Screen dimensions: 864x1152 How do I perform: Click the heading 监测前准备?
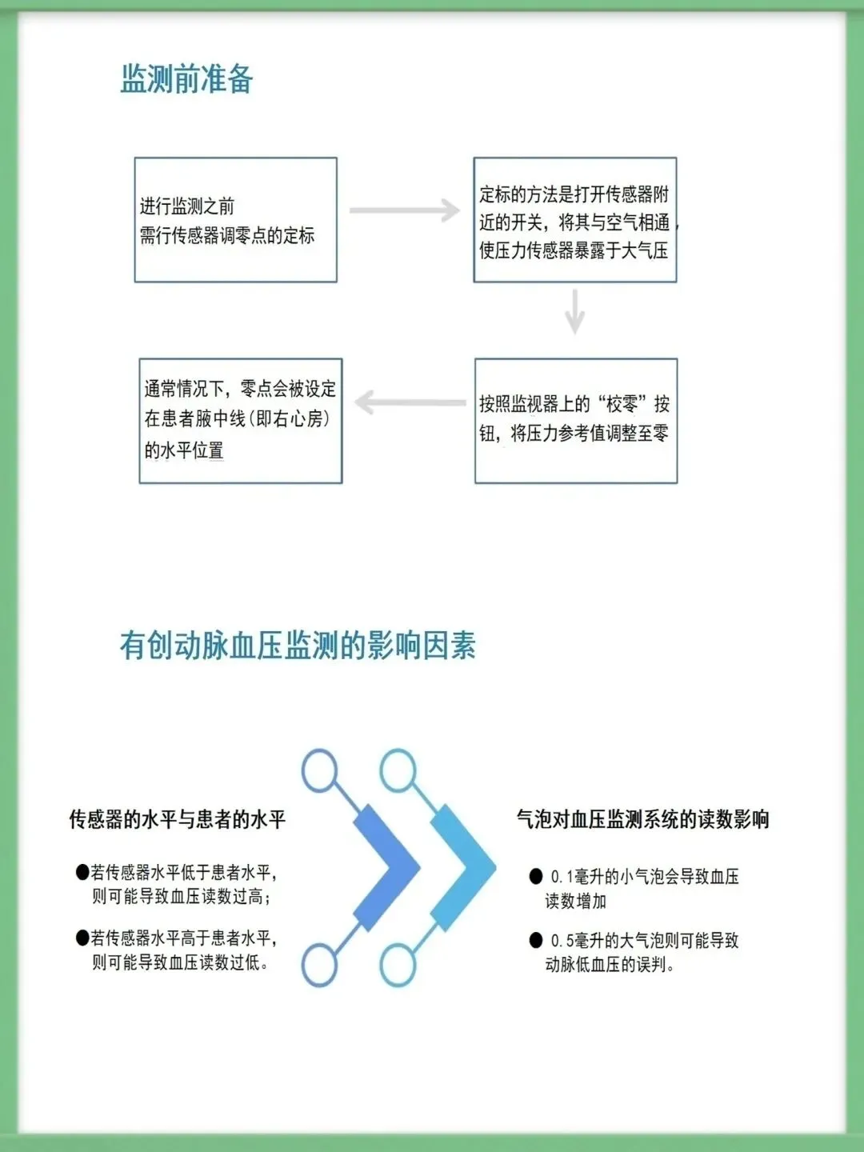186,79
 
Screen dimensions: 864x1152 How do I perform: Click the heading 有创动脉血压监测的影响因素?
298,646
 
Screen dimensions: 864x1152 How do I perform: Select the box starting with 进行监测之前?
235,220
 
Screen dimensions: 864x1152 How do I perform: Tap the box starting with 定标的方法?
574,220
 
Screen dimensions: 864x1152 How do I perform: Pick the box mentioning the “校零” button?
575,421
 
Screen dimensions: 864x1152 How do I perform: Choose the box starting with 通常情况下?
240,421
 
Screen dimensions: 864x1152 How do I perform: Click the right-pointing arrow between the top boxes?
405,210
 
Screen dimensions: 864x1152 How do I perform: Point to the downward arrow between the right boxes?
574,311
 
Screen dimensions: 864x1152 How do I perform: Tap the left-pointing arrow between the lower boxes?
410,402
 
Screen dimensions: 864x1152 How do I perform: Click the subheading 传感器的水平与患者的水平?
178,819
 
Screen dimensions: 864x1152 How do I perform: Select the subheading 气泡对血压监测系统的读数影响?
642,819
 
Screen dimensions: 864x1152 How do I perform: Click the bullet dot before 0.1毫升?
536,876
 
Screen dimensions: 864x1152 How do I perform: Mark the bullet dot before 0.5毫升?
536,940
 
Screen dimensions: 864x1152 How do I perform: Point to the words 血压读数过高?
216,897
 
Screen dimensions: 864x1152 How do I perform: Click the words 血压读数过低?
216,962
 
